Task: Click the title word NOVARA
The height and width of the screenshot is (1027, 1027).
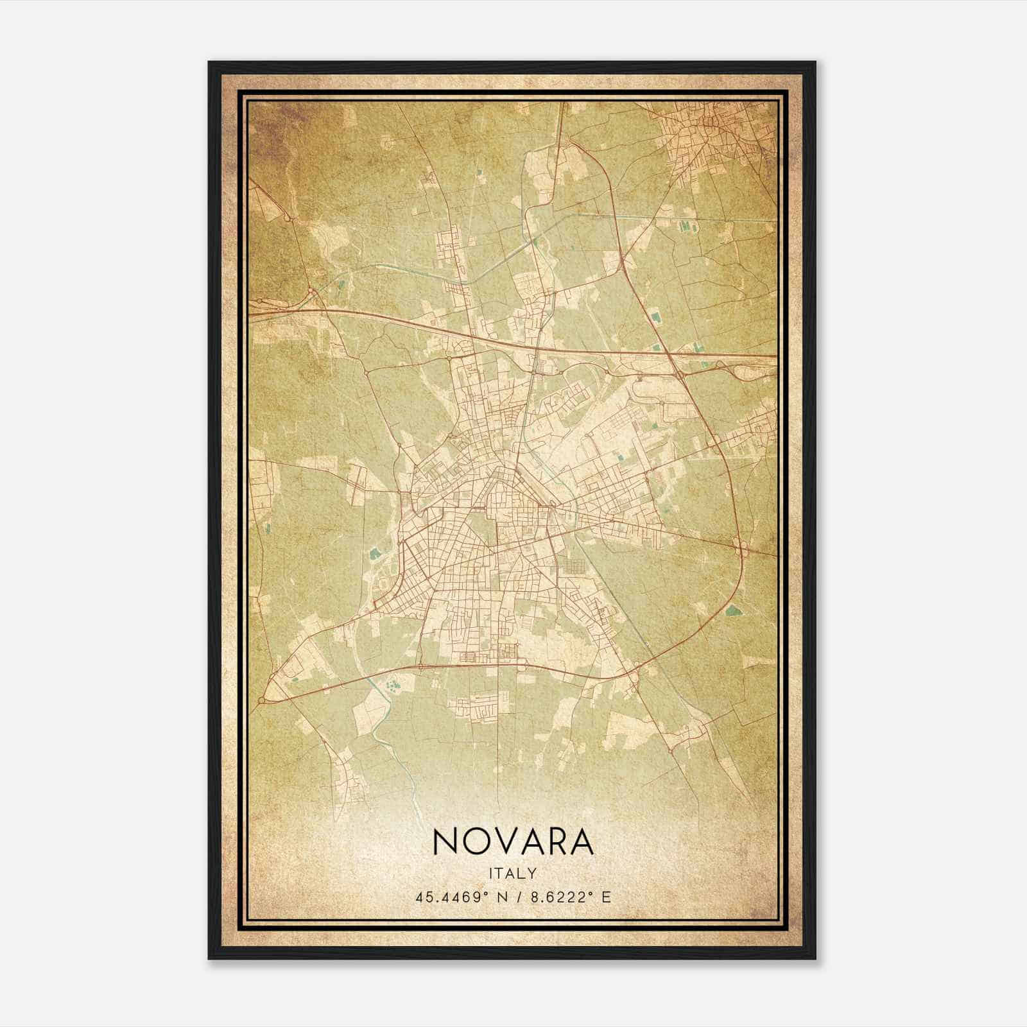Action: point(513,841)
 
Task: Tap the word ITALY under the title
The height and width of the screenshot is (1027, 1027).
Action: point(513,873)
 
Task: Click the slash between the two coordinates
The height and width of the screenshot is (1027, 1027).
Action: point(515,897)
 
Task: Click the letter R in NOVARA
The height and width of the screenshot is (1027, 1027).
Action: point(557,841)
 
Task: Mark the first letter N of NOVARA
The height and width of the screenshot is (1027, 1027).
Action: point(444,841)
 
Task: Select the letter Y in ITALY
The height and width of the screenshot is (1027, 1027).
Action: point(532,873)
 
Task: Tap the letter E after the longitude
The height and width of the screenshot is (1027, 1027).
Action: point(606,897)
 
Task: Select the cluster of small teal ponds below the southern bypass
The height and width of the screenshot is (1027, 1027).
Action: point(391,686)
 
